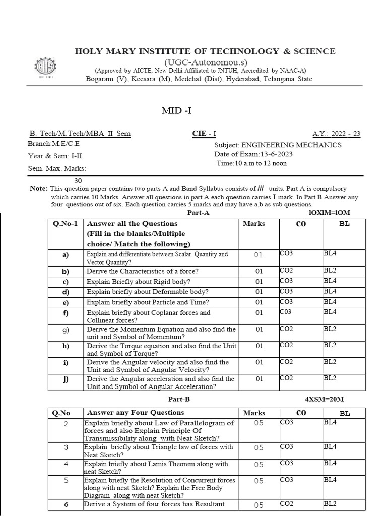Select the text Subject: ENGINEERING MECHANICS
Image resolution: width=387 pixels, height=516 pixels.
click(278, 145)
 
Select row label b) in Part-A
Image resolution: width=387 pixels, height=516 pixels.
click(66, 271)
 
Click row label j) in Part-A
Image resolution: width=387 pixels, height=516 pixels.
click(66, 379)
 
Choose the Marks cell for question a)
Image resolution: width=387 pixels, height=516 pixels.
click(259, 255)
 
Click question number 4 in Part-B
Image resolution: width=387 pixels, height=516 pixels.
click(66, 464)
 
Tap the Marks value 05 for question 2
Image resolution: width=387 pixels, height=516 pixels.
click(259, 423)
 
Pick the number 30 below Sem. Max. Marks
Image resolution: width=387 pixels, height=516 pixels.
click(78, 180)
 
